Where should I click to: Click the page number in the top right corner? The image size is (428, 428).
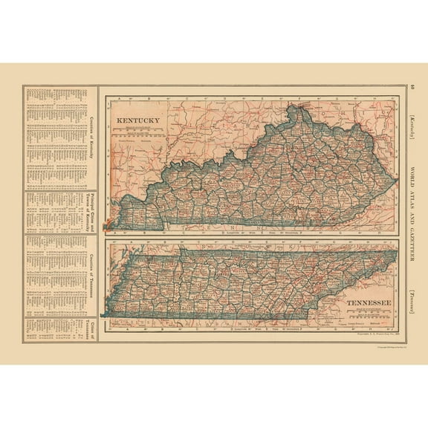412,88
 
